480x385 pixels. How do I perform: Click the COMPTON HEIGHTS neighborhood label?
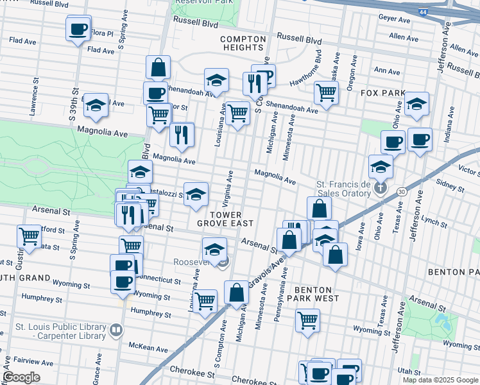pyautogui.click(x=243, y=43)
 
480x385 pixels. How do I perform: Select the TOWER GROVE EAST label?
pyautogui.click(x=225, y=218)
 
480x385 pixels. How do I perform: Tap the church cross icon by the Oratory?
pyautogui.click(x=381, y=188)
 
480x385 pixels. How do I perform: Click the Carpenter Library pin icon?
pyautogui.click(x=116, y=330)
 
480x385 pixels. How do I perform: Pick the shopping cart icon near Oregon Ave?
pyautogui.click(x=326, y=93)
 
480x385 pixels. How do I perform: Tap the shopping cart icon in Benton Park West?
pyautogui.click(x=308, y=319)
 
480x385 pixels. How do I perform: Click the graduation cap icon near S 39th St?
pyautogui.click(x=96, y=106)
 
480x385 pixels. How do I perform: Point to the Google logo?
pyautogui.click(x=21, y=377)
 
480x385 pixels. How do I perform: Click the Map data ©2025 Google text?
pyautogui.click(x=440, y=380)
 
